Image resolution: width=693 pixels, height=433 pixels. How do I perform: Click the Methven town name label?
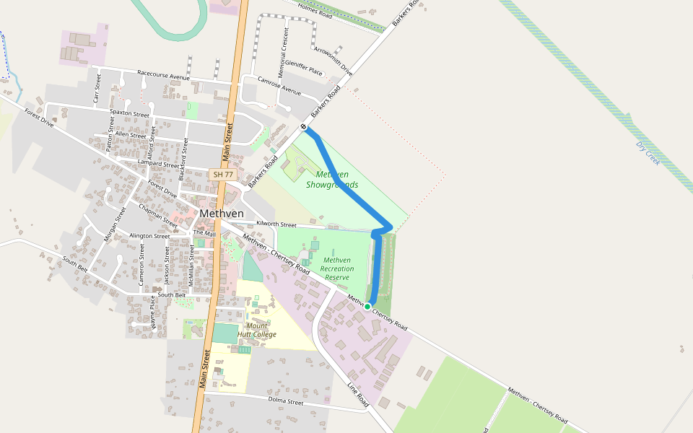click(222, 214)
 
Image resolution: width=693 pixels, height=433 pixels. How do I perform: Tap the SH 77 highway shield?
click(223, 175)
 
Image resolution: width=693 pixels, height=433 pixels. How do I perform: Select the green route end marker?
click(367, 307)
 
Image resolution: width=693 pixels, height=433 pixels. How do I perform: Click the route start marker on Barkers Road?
click(303, 128)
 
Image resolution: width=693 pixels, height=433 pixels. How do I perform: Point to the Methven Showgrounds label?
click(332, 180)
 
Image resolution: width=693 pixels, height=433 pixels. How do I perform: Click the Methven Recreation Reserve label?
click(337, 268)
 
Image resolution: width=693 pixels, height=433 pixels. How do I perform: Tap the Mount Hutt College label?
click(257, 330)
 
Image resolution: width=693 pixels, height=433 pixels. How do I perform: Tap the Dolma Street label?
click(286, 401)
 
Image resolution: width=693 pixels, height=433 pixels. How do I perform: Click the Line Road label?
click(359, 395)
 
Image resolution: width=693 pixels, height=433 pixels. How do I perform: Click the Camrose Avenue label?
click(279, 87)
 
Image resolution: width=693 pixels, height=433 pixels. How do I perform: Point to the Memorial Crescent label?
click(286, 47)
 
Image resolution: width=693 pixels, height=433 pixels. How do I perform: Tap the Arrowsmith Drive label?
click(334, 61)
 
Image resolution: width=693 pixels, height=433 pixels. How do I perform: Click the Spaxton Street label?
click(130, 113)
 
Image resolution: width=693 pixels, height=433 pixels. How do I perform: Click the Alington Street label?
click(149, 236)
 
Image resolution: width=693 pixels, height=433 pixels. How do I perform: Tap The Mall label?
click(204, 234)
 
